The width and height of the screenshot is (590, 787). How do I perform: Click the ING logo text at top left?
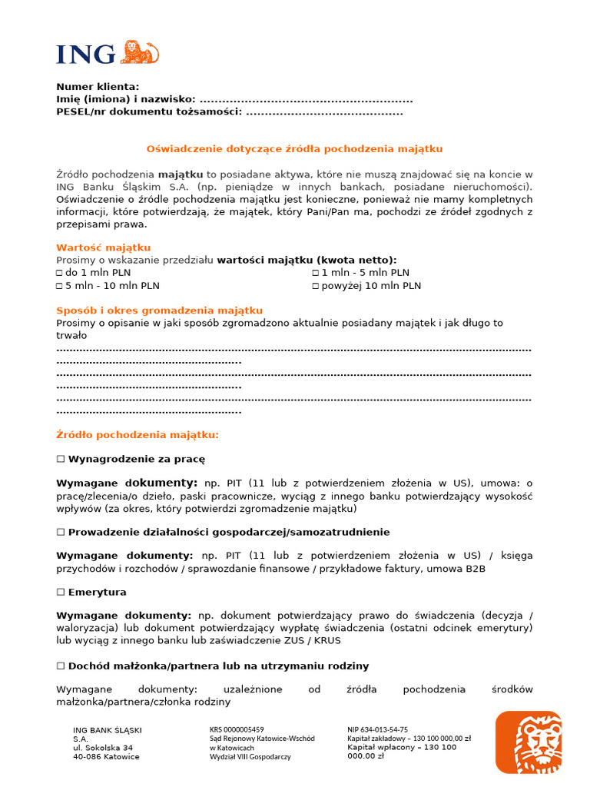point(85,54)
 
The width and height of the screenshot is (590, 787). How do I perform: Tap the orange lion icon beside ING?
point(140,52)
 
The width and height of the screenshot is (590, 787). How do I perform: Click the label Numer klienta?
point(98,87)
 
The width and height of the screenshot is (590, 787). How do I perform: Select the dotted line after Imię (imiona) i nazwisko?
point(306,100)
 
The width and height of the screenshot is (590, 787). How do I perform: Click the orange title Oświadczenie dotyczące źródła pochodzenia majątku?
point(294,149)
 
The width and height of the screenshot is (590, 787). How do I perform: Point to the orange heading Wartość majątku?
point(103,247)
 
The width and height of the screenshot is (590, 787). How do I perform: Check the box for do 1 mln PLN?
point(60,273)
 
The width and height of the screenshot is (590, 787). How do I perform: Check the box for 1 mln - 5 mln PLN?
point(315,273)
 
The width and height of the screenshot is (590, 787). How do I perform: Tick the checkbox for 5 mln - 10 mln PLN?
point(60,286)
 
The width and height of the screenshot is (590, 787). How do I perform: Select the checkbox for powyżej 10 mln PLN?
point(315,286)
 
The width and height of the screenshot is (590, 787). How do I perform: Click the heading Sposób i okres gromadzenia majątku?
point(159,310)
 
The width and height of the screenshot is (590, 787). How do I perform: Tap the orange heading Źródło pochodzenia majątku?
point(138,435)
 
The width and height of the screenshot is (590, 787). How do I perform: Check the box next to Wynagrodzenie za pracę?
point(61,459)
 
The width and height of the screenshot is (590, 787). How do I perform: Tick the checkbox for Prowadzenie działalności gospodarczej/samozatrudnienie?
point(61,532)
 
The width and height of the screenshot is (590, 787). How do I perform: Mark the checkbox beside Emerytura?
point(61,593)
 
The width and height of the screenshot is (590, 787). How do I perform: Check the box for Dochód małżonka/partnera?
point(61,666)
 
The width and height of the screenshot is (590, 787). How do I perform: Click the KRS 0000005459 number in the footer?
point(237,729)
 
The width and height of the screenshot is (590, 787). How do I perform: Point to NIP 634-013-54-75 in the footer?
point(377,729)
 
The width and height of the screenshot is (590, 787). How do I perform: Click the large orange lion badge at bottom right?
point(528,742)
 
